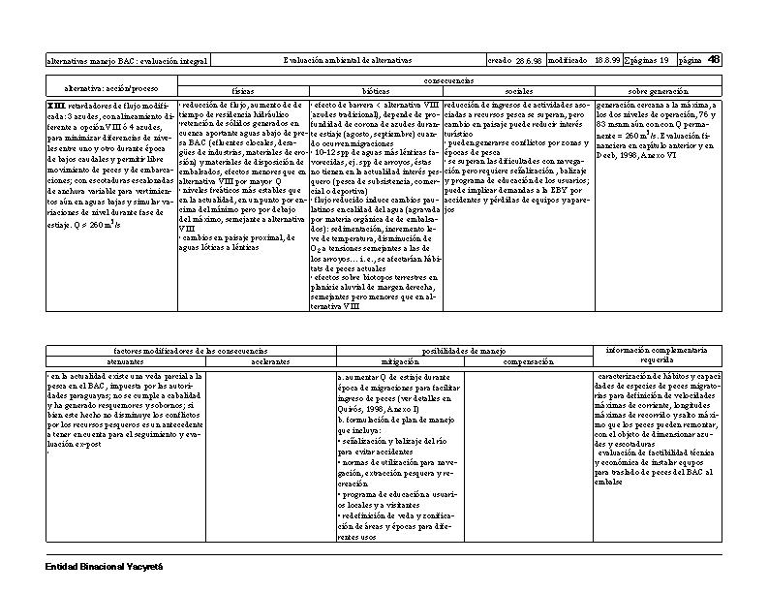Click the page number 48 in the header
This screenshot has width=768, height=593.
(714, 59)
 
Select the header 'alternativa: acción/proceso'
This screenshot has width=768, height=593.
(110, 86)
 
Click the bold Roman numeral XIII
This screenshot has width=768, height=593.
(57, 104)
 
